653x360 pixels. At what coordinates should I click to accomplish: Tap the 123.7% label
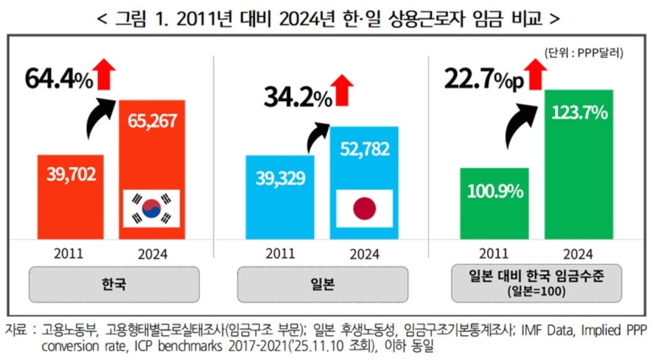580,113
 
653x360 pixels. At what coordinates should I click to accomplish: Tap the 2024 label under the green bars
580,254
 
